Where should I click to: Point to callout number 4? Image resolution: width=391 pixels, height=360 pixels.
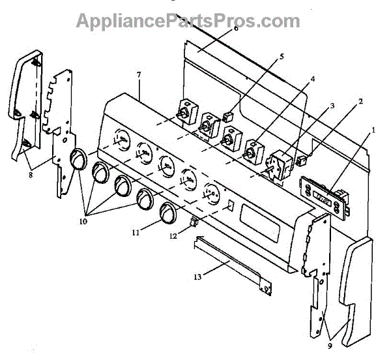tap(313, 78)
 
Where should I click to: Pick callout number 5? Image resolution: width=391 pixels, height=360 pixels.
tap(281, 56)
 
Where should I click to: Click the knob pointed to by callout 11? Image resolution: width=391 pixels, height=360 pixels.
tap(168, 213)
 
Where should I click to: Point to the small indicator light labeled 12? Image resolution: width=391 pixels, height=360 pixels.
tap(193, 222)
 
